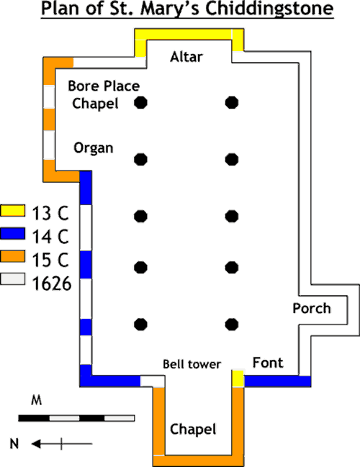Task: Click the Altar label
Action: [x=186, y=57]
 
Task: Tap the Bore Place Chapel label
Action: [x=104, y=95]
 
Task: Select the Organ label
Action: [x=94, y=148]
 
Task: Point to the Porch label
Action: [x=312, y=308]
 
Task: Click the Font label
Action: [x=268, y=363]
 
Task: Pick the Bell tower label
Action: [x=192, y=364]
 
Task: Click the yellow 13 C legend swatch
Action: [x=12, y=210]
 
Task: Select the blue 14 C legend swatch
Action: [x=12, y=233]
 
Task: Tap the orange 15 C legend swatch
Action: [x=12, y=256]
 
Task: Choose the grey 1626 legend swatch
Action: [x=12, y=279]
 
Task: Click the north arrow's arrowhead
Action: [x=36, y=444]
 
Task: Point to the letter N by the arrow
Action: [x=14, y=444]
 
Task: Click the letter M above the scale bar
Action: [x=36, y=401]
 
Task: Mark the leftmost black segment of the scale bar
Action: [x=34, y=418]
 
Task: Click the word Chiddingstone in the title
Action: [x=269, y=9]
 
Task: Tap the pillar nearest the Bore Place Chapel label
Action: [x=140, y=103]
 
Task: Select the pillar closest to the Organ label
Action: [x=140, y=159]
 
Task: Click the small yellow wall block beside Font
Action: [x=238, y=378]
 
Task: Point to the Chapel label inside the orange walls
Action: [x=193, y=430]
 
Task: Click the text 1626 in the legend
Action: [x=52, y=284]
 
